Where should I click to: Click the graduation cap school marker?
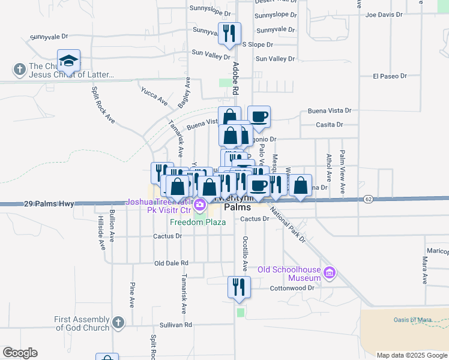(x=68, y=60)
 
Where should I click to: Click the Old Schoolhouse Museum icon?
(x=328, y=273)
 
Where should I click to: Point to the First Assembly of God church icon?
(x=118, y=323)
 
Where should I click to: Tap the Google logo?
(x=20, y=353)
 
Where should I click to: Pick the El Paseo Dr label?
(x=390, y=76)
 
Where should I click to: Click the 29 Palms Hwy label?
(x=49, y=204)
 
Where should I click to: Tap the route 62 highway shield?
(x=369, y=198)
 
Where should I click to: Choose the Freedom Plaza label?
(x=197, y=222)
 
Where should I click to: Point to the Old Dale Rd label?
(x=171, y=263)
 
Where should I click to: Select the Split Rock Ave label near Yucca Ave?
(x=103, y=105)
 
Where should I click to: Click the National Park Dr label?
(x=288, y=225)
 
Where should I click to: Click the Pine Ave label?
(x=132, y=293)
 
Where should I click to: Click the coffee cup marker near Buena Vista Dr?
(x=259, y=117)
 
